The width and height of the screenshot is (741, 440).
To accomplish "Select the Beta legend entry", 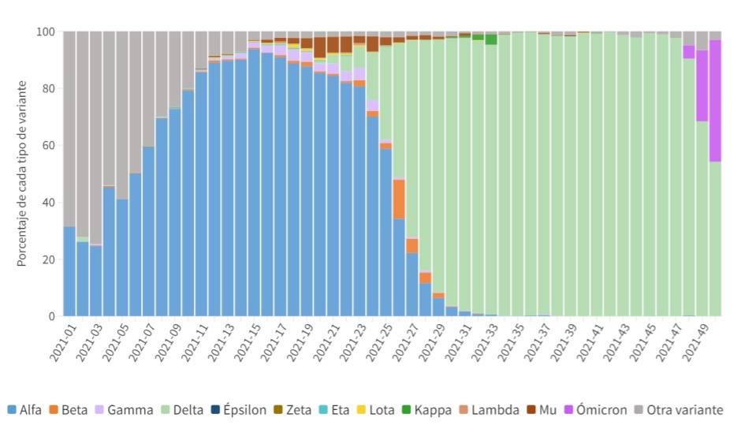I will [x=82, y=410].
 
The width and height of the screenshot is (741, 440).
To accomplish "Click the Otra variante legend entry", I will [x=683, y=410].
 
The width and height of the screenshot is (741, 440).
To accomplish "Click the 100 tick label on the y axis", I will [x=45, y=32].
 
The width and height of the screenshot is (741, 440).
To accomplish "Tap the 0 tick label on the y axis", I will [x=51, y=316].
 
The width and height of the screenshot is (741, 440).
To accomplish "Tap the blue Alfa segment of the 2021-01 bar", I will [x=69, y=271].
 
